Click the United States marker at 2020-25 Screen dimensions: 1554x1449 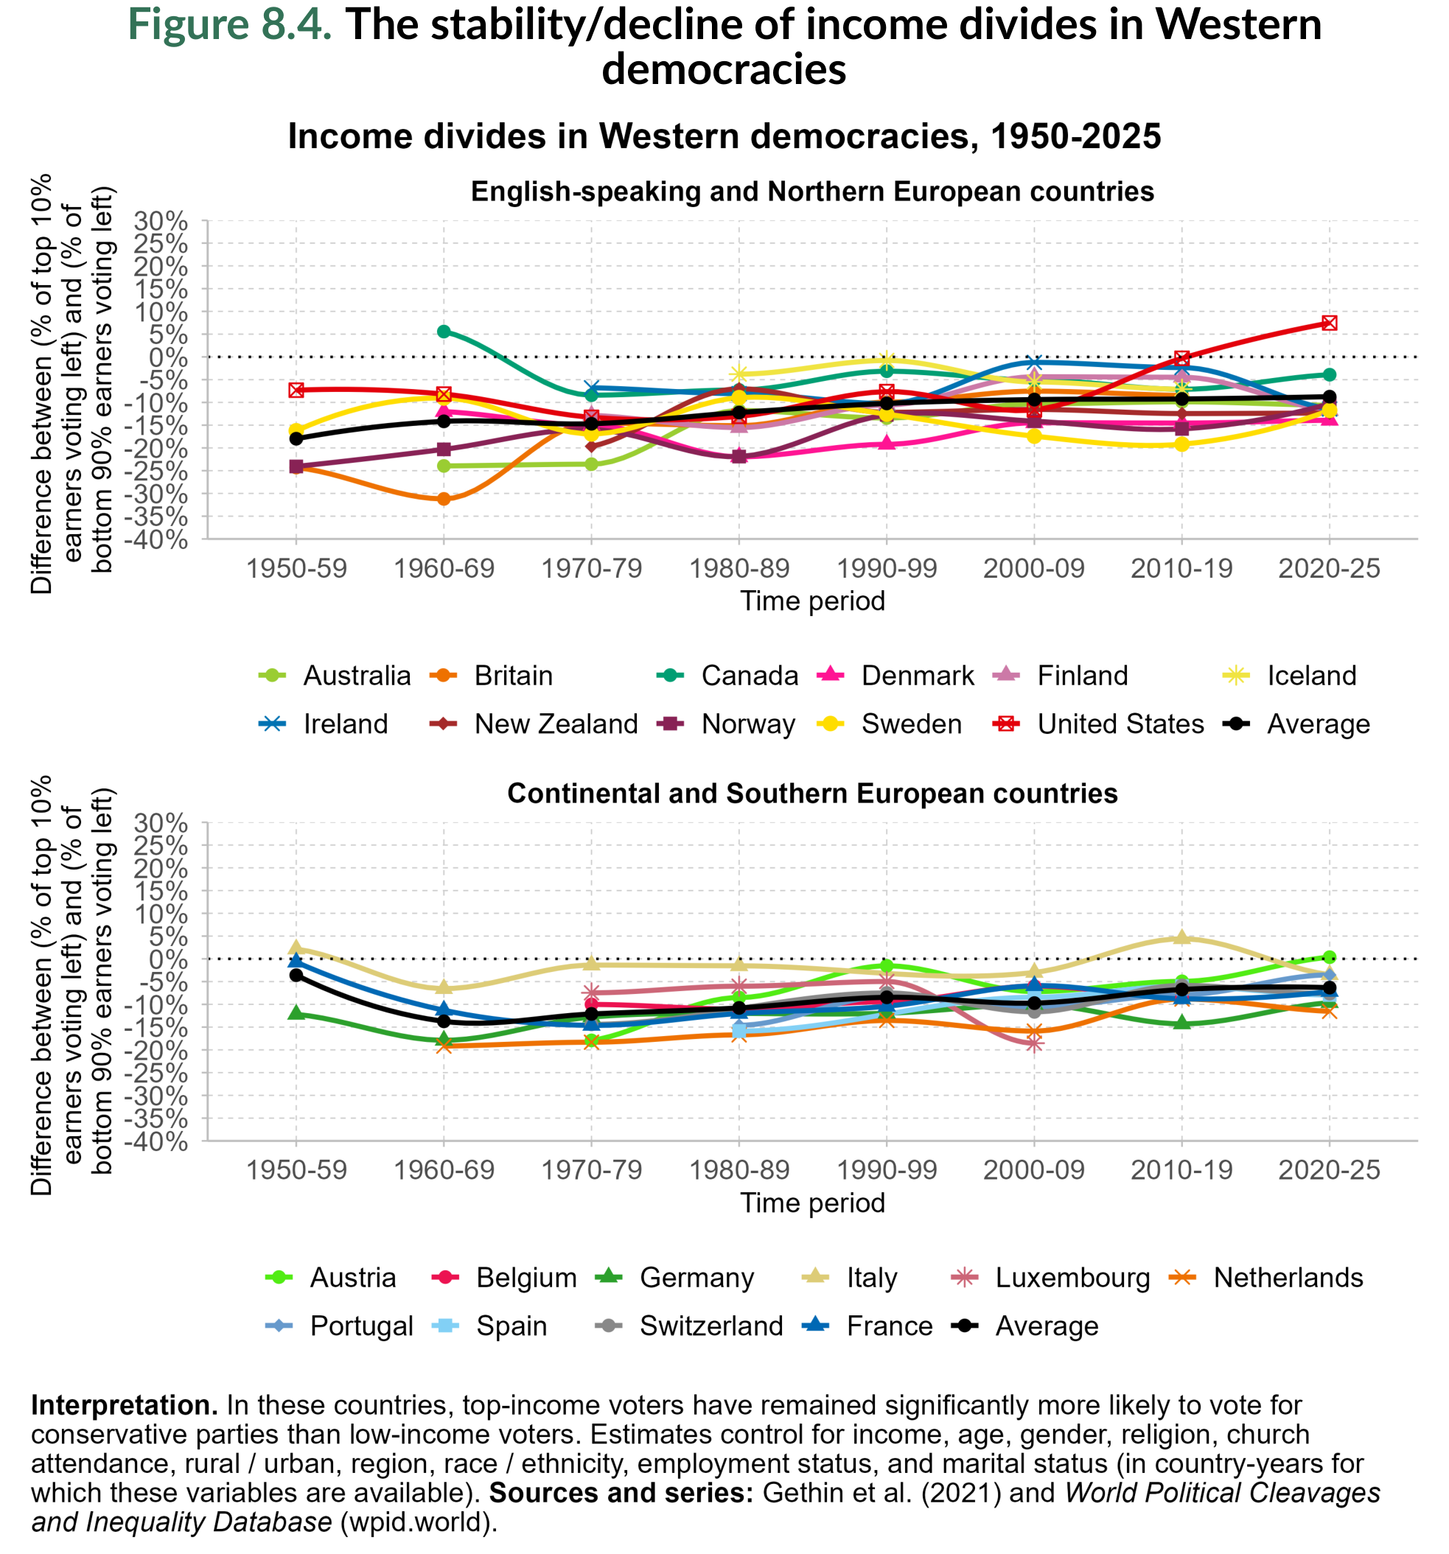click(1329, 323)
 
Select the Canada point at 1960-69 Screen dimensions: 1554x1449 click(444, 332)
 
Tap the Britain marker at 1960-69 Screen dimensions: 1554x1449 click(444, 499)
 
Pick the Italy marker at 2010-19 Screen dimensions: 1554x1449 click(1181, 937)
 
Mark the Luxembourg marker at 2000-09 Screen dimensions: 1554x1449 click(1034, 1043)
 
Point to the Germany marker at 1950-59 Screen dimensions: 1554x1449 click(296, 1012)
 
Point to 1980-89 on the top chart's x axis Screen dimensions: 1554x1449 click(739, 568)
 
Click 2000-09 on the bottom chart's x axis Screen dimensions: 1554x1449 click(1034, 1170)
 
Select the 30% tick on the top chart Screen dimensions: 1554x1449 click(161, 221)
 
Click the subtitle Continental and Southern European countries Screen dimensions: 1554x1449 click(811, 794)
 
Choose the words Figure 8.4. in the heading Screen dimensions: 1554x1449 click(229, 25)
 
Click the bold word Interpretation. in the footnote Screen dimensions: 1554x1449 click(124, 1404)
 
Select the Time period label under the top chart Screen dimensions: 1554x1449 click(811, 601)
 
